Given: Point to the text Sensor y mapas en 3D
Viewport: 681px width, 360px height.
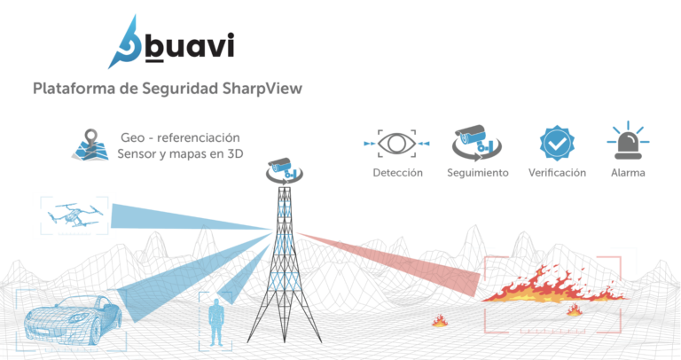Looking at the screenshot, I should click(x=180, y=154).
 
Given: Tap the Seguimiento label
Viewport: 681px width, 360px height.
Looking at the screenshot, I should click(x=478, y=172).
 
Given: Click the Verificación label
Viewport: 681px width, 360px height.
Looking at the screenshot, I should click(x=556, y=172).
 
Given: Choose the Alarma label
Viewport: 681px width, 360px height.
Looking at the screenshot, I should click(x=627, y=172).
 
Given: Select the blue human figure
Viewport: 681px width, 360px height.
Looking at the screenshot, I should click(x=215, y=320).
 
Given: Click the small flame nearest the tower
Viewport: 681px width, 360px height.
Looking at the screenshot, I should click(x=439, y=320).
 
